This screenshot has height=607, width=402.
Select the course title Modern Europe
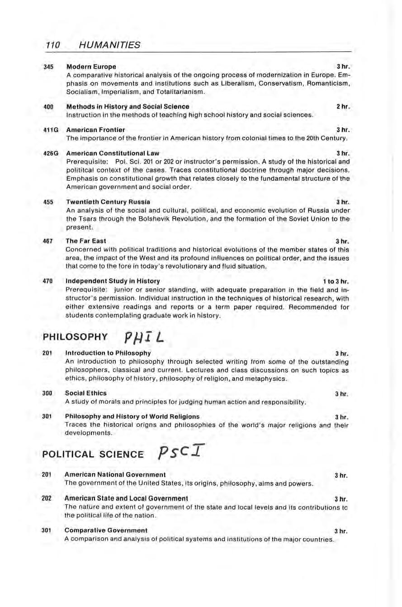(x=91, y=67)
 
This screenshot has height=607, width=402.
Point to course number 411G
(x=51, y=129)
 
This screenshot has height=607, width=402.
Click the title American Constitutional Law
(x=113, y=153)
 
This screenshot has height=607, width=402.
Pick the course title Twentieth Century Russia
(x=109, y=201)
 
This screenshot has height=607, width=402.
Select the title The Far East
(x=86, y=241)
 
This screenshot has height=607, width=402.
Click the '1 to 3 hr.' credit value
(x=335, y=281)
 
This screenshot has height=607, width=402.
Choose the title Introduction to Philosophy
(x=108, y=353)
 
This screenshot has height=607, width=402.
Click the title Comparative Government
(x=106, y=530)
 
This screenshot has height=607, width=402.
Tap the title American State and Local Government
(x=127, y=498)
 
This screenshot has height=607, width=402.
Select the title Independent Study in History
(x=113, y=281)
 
